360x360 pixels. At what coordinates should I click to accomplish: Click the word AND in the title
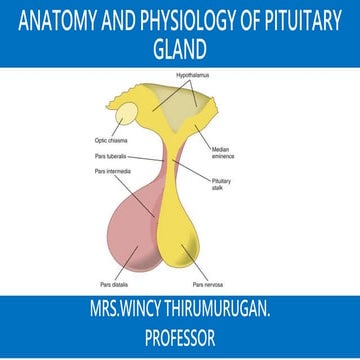(x=111, y=19)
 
